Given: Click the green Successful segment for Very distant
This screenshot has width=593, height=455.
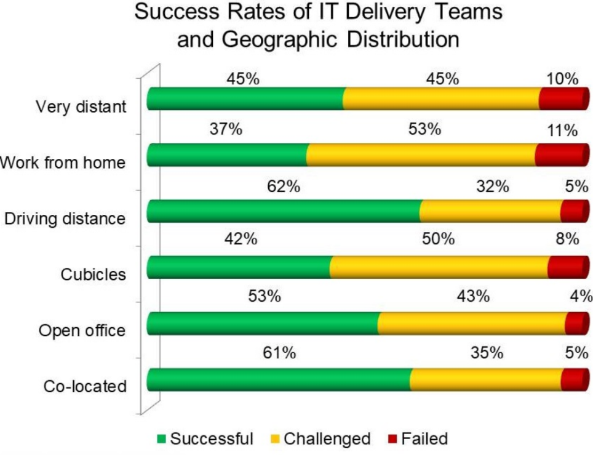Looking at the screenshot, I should [246, 99].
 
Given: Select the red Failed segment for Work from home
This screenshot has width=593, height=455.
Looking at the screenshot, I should [560, 155].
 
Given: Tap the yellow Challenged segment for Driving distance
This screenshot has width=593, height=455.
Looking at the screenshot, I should [490, 211].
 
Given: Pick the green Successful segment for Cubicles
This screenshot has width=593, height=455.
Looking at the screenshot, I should [240, 267].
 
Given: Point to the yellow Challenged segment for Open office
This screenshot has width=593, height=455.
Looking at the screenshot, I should [472, 323].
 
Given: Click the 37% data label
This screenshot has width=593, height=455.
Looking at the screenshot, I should [226, 130].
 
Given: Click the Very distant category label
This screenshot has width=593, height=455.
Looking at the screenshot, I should [81, 107].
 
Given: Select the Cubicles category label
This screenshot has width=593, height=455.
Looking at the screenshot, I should [94, 274].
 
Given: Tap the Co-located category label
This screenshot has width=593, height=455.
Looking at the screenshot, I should [85, 387].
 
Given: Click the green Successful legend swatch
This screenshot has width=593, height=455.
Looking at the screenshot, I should [162, 439].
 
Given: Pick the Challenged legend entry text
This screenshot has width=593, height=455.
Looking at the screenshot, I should [327, 439].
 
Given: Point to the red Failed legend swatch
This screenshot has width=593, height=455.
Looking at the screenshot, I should [392, 439].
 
